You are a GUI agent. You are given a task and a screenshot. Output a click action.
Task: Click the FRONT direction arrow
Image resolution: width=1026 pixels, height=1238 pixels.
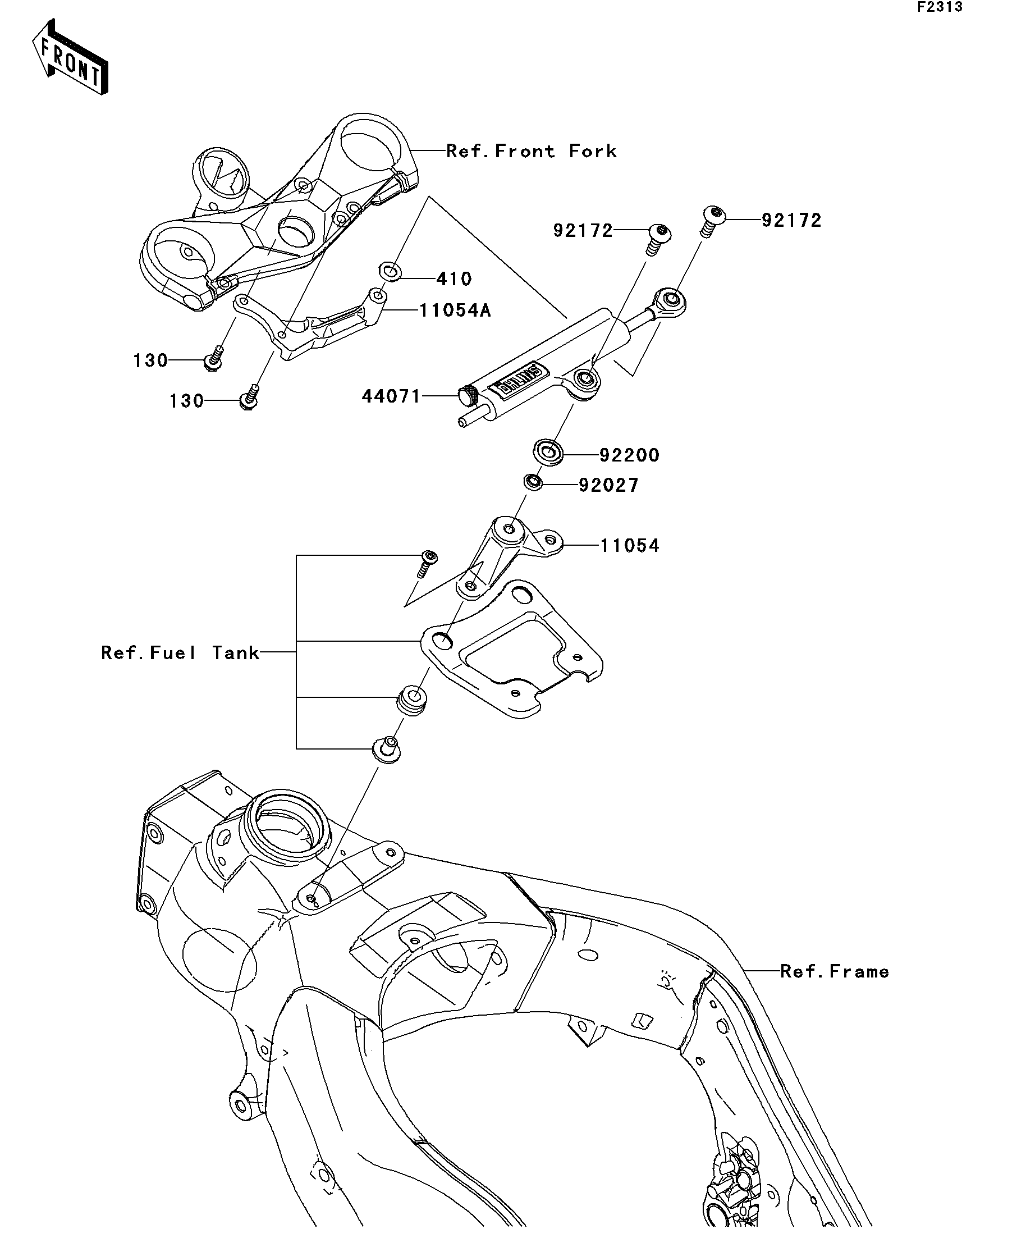click(70, 58)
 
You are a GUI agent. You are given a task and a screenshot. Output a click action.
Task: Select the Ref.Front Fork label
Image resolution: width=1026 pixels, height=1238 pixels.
click(531, 152)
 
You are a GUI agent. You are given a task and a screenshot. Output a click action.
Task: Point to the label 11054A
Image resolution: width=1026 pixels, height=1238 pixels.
click(455, 310)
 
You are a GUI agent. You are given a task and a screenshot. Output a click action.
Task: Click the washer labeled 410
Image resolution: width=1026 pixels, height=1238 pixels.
click(389, 272)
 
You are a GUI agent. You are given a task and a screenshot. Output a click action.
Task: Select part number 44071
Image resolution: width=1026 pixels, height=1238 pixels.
click(391, 396)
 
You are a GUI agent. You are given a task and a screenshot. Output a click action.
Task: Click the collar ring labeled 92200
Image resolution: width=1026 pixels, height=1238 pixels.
click(548, 453)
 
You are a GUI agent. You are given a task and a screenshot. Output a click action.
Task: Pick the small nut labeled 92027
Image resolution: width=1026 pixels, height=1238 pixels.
click(533, 482)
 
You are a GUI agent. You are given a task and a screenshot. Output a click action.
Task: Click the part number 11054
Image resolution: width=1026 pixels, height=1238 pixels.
click(629, 545)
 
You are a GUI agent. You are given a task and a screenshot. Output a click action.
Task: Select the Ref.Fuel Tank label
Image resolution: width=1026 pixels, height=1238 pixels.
click(180, 652)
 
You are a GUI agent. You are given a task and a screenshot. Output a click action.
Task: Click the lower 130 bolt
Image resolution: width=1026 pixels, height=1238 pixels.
click(249, 398)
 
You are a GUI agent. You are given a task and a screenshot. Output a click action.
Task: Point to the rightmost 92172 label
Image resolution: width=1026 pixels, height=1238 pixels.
click(791, 221)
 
